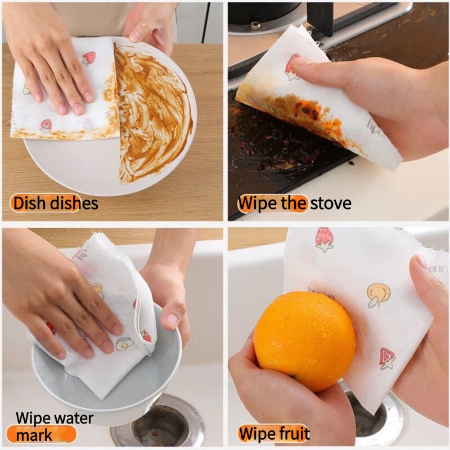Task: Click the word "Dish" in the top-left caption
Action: coord(30,203)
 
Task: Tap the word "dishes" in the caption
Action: coord(74,203)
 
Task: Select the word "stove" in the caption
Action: coord(331,204)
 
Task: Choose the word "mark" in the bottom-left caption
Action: coord(34,435)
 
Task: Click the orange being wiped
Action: coord(305,341)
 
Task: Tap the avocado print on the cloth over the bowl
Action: coord(124,344)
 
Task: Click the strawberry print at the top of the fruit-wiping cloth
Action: coord(325,240)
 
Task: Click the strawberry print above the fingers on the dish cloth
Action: coord(88,58)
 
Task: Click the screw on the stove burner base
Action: coord(255,26)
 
